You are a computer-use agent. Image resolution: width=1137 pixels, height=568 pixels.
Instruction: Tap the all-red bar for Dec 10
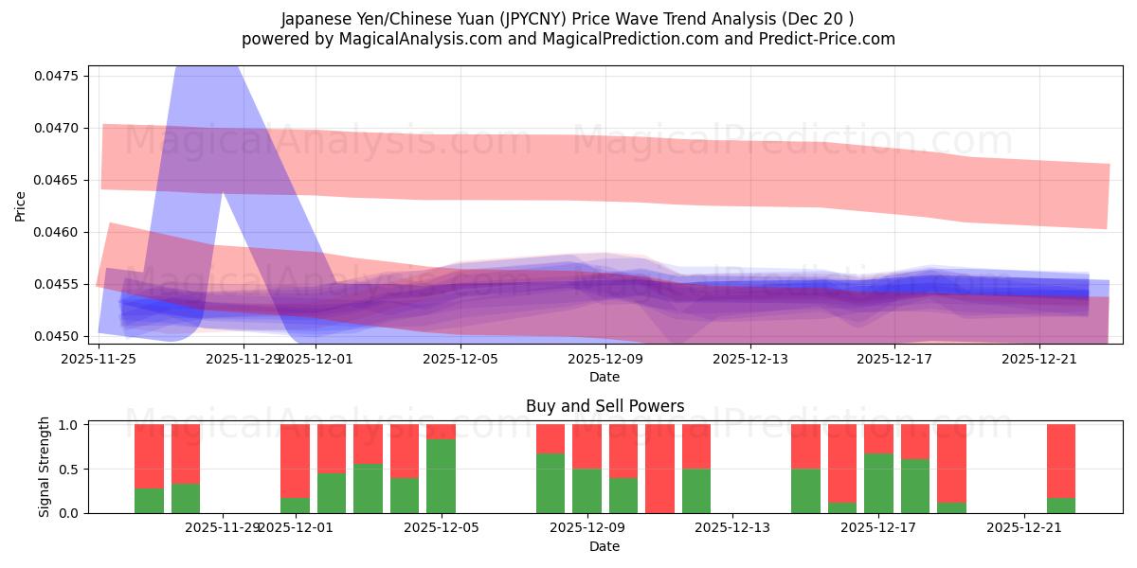click(x=659, y=469)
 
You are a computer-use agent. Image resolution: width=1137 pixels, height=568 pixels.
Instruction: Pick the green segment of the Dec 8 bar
click(x=550, y=484)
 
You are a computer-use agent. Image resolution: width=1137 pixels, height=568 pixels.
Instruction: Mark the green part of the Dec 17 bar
click(x=878, y=484)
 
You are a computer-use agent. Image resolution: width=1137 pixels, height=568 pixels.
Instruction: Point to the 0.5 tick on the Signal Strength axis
click(x=71, y=470)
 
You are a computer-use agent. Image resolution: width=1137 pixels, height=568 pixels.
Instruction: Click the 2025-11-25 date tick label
click(x=99, y=359)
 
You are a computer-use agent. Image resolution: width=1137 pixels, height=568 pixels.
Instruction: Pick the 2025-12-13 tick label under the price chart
click(x=750, y=359)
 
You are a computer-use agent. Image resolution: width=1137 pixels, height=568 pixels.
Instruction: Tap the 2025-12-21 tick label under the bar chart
click(x=1025, y=528)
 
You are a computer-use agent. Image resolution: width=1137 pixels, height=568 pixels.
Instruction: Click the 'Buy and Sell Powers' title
click(x=605, y=407)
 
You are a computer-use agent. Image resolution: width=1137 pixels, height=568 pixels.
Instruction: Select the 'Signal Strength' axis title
click(x=44, y=468)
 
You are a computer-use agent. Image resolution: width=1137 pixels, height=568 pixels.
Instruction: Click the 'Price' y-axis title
click(x=21, y=205)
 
